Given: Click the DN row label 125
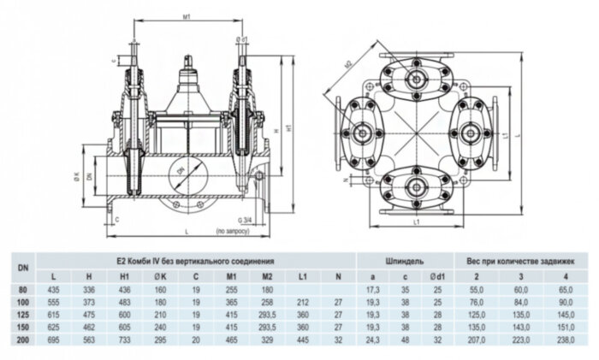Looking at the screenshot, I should coord(22,315).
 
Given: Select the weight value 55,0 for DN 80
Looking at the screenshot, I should coord(471,292).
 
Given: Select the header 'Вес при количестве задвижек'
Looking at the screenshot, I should coord(516,258).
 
